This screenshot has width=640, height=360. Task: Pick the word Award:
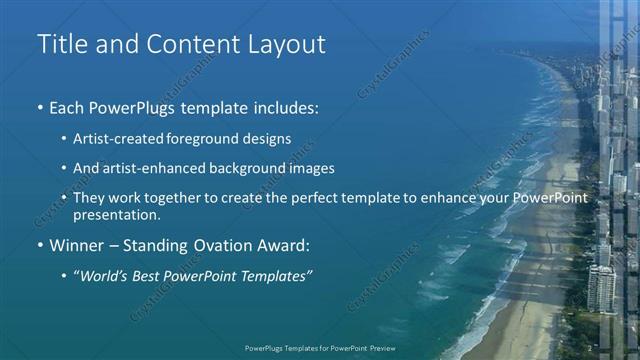pyautogui.click(x=284, y=245)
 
